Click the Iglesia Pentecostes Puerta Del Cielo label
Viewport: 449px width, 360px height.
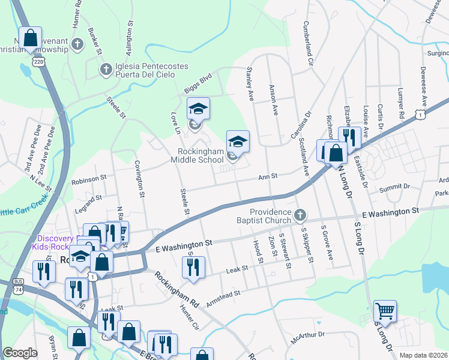coord(143,70)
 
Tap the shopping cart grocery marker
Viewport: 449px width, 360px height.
coord(385,311)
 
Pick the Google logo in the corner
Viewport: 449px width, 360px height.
coord(20,353)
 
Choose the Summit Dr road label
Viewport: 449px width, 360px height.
coord(394,188)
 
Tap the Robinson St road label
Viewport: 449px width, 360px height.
coord(88,179)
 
